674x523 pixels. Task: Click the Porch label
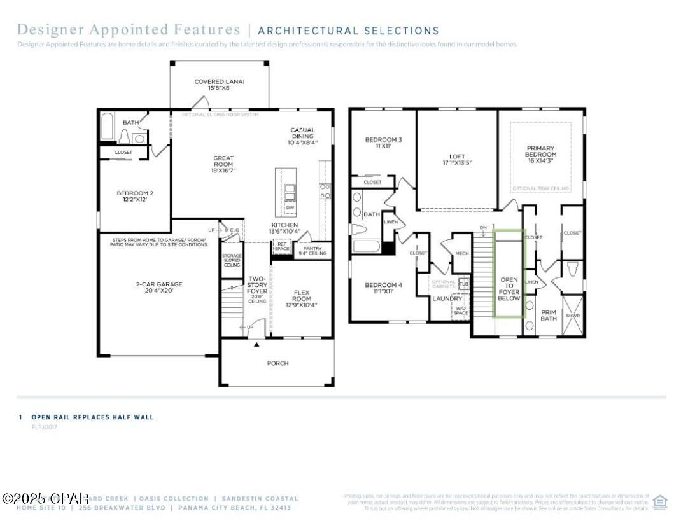click(277, 363)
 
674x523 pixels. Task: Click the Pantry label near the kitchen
click(312, 251)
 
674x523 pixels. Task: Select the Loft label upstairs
click(457, 159)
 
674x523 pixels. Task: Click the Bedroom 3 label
click(383, 143)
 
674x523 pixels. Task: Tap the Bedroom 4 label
click(383, 288)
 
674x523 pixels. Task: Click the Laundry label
click(447, 298)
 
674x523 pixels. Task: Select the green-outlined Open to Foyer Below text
click(509, 288)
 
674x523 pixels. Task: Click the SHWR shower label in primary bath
click(573, 316)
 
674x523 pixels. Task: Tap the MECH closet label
click(461, 254)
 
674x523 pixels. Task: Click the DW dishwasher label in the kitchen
click(290, 207)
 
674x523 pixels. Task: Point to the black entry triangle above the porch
click(256, 345)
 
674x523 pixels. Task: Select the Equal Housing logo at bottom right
click(660, 502)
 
